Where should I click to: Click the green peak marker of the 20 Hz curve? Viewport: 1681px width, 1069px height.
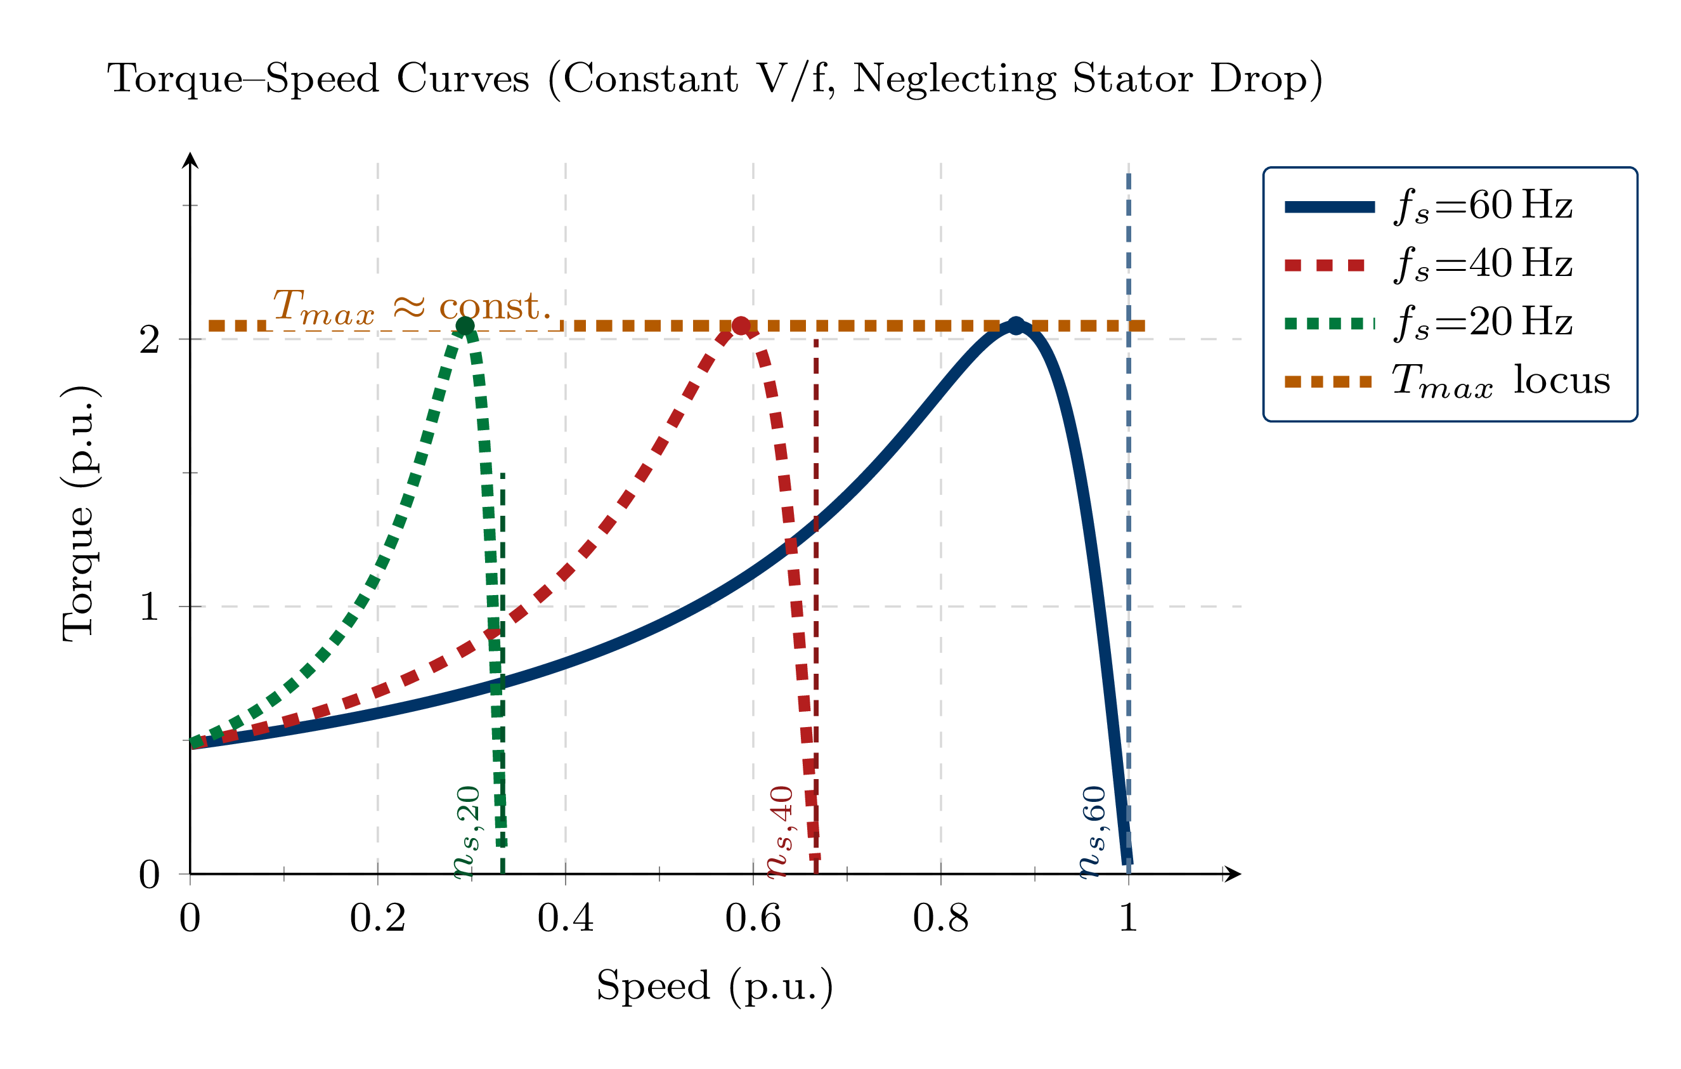coord(465,325)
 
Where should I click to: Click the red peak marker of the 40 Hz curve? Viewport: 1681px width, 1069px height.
coord(741,325)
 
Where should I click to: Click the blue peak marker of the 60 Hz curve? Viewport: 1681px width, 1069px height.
coord(1016,325)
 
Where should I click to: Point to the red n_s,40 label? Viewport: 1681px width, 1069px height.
coord(780,832)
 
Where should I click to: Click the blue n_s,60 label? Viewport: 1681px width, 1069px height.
coord(1093,832)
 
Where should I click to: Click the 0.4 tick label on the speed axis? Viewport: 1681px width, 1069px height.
coord(566,919)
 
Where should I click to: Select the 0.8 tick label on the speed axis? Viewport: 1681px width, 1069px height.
coord(940,919)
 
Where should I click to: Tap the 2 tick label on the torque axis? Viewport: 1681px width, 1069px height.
coord(150,340)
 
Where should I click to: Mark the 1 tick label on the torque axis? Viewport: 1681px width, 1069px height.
coord(150,607)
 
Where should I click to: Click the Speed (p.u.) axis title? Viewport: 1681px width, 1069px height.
coord(714,986)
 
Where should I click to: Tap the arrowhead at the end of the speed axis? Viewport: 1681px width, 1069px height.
coord(1233,874)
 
